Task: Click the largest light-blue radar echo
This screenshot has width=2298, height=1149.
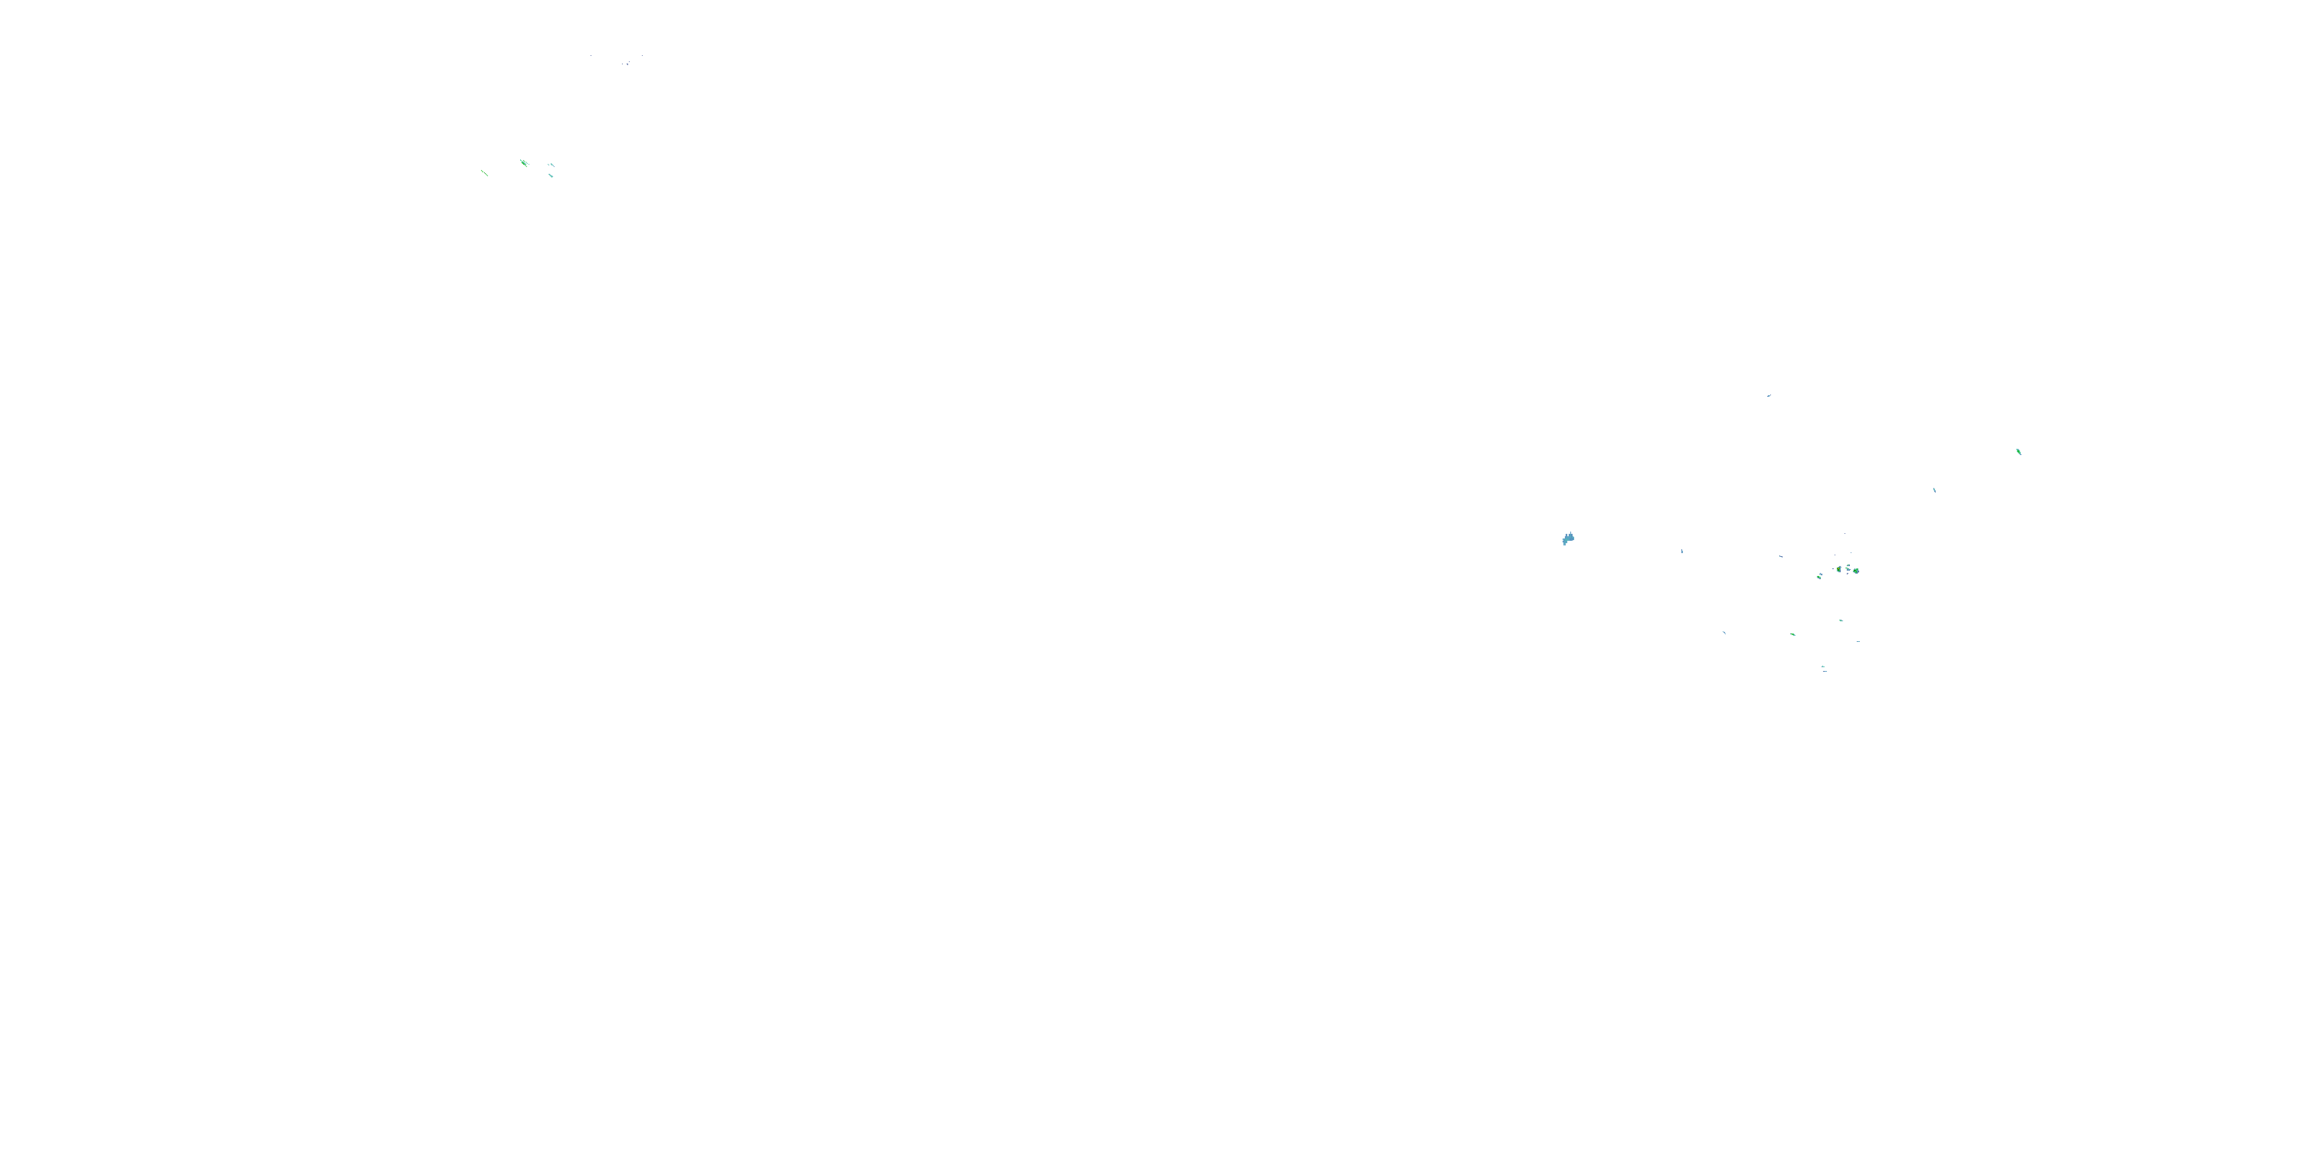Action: coord(1568,538)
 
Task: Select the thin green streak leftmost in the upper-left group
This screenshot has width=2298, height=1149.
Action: coord(484,173)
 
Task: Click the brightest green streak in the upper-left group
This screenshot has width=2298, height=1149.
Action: coord(524,163)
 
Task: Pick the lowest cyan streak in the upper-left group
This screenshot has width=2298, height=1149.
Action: coord(552,175)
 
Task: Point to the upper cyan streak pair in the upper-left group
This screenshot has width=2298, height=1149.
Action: coord(552,165)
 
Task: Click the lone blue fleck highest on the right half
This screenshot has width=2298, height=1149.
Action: coord(1768,395)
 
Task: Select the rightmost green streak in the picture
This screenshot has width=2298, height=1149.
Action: coord(2018,451)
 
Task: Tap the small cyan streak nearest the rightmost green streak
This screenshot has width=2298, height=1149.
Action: coord(1934,489)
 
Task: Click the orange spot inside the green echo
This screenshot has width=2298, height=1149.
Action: coord(1838,569)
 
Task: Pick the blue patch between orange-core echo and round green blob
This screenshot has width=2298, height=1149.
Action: coord(1848,570)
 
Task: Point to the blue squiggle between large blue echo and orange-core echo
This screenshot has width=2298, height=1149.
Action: coord(1781,557)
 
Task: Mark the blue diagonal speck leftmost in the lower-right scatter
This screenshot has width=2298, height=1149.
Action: coord(1724,633)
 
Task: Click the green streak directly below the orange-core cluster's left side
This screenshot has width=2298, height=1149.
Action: coord(1793,635)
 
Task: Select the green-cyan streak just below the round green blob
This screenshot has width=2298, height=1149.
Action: coord(1841,621)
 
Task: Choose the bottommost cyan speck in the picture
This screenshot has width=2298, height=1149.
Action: coord(1825,672)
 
